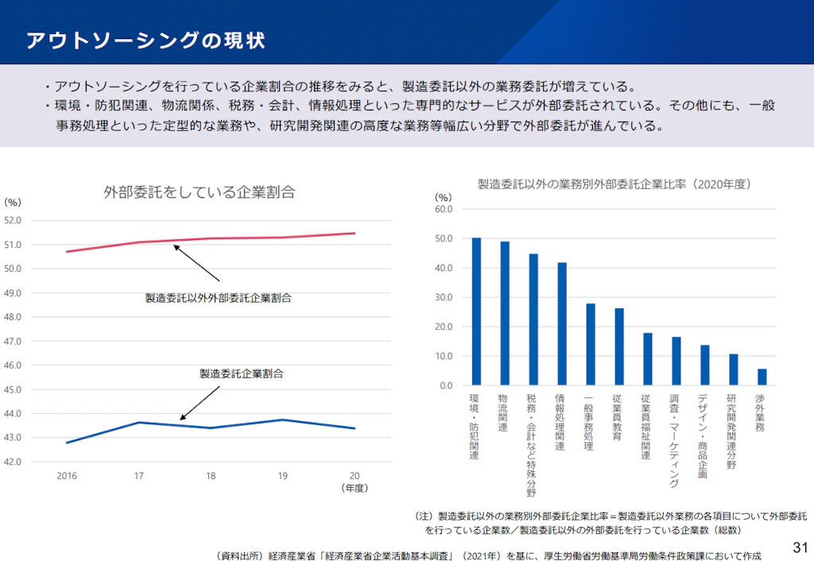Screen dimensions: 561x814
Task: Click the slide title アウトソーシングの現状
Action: coord(145,41)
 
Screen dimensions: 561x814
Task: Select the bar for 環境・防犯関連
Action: coord(476,311)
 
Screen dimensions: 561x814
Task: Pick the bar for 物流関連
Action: coord(505,313)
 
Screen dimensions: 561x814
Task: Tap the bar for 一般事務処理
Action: coord(591,344)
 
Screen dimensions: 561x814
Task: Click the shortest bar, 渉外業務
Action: coord(762,377)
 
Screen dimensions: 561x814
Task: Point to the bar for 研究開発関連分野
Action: coord(733,369)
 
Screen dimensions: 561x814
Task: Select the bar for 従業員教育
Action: coord(619,346)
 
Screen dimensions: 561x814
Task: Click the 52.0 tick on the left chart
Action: coord(14,220)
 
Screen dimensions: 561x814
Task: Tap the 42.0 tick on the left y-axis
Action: coord(14,462)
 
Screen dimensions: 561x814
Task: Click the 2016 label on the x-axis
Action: coord(66,475)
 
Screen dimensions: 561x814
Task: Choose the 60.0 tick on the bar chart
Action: coord(444,209)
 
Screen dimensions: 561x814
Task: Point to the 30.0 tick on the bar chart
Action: coord(444,297)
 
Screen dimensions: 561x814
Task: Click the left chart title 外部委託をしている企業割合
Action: coord(200,192)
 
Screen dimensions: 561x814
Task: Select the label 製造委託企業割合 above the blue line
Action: coord(241,373)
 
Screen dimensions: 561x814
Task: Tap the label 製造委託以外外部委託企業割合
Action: coord(218,298)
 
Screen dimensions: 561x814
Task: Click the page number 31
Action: coord(800,547)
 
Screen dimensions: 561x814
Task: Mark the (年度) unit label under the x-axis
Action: coord(355,488)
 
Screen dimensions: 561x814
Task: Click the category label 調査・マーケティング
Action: coord(675,440)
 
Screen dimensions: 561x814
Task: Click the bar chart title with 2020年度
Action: coord(614,184)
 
